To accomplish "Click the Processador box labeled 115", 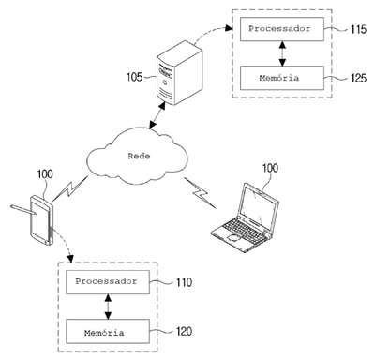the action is pyautogui.click(x=282, y=29).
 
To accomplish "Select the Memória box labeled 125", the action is pyautogui.click(x=282, y=78).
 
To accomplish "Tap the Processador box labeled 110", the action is pyautogui.click(x=108, y=282).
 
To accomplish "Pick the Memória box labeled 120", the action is pyautogui.click(x=108, y=331).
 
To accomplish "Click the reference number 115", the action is pyautogui.click(x=358, y=29).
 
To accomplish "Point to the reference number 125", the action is pyautogui.click(x=358, y=78).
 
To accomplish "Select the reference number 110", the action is pyautogui.click(x=184, y=282).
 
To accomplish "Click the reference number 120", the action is pyautogui.click(x=184, y=332).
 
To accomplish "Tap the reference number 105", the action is pyautogui.click(x=135, y=77).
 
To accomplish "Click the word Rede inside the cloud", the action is pyautogui.click(x=139, y=156).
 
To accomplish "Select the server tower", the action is pyautogui.click(x=180, y=72).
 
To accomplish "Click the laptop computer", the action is pyautogui.click(x=246, y=217).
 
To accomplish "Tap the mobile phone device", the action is pyautogui.click(x=42, y=220).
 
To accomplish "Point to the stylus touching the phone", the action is pyautogui.click(x=23, y=209).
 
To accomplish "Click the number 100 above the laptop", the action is pyautogui.click(x=270, y=168).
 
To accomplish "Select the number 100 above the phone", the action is pyautogui.click(x=45, y=174).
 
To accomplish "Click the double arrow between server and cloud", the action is pyautogui.click(x=157, y=115).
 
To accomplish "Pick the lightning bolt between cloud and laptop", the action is pyautogui.click(x=200, y=193).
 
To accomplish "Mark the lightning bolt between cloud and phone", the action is pyautogui.click(x=70, y=188).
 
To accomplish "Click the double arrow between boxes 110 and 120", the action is pyautogui.click(x=108, y=307).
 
